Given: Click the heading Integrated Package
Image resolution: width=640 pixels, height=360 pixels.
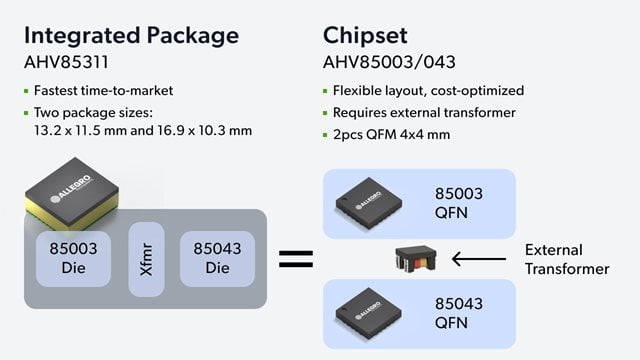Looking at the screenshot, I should [x=130, y=36].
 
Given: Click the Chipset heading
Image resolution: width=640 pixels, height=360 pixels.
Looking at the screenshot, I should [x=366, y=36].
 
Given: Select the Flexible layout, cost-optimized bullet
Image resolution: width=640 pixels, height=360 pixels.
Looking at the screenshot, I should [x=429, y=91].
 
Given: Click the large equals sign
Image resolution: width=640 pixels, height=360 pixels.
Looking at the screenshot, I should [x=295, y=259].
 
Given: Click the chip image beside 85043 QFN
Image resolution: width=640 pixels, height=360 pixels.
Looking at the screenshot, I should [x=374, y=314].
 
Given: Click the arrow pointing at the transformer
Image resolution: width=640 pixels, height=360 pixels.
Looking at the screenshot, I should [x=480, y=260].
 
